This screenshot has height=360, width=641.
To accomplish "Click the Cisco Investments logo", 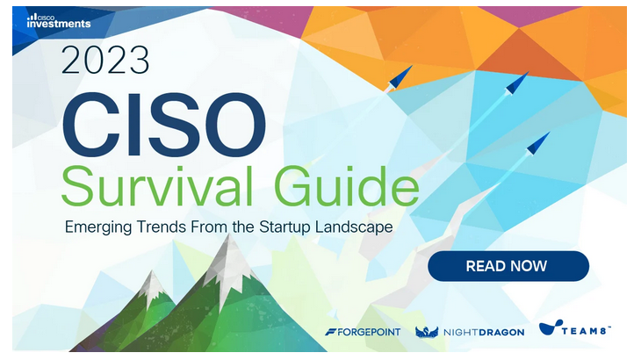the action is tap(59, 21).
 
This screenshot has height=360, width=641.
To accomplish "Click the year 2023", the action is tap(105, 60).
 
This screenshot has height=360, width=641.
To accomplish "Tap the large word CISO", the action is tap(163, 124).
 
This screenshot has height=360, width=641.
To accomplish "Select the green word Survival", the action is tap(157, 185).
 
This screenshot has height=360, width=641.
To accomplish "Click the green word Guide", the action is tap(347, 185).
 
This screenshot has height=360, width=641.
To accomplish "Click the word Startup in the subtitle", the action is tap(284, 227).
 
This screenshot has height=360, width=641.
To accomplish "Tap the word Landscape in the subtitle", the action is tap(354, 227).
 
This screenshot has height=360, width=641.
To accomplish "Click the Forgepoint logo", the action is tap(363, 332).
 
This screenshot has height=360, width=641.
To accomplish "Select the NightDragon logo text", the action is tap(484, 333).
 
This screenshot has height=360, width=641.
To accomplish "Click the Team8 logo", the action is tap(574, 328).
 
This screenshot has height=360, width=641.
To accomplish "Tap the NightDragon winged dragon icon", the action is tap(427, 332).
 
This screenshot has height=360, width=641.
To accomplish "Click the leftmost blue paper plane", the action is tap(400, 77).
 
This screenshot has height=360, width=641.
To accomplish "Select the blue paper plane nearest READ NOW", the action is tap(537, 143).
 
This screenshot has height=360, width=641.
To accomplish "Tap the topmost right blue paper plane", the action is tap(516, 83).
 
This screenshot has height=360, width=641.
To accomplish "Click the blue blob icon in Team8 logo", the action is tap(551, 327).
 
